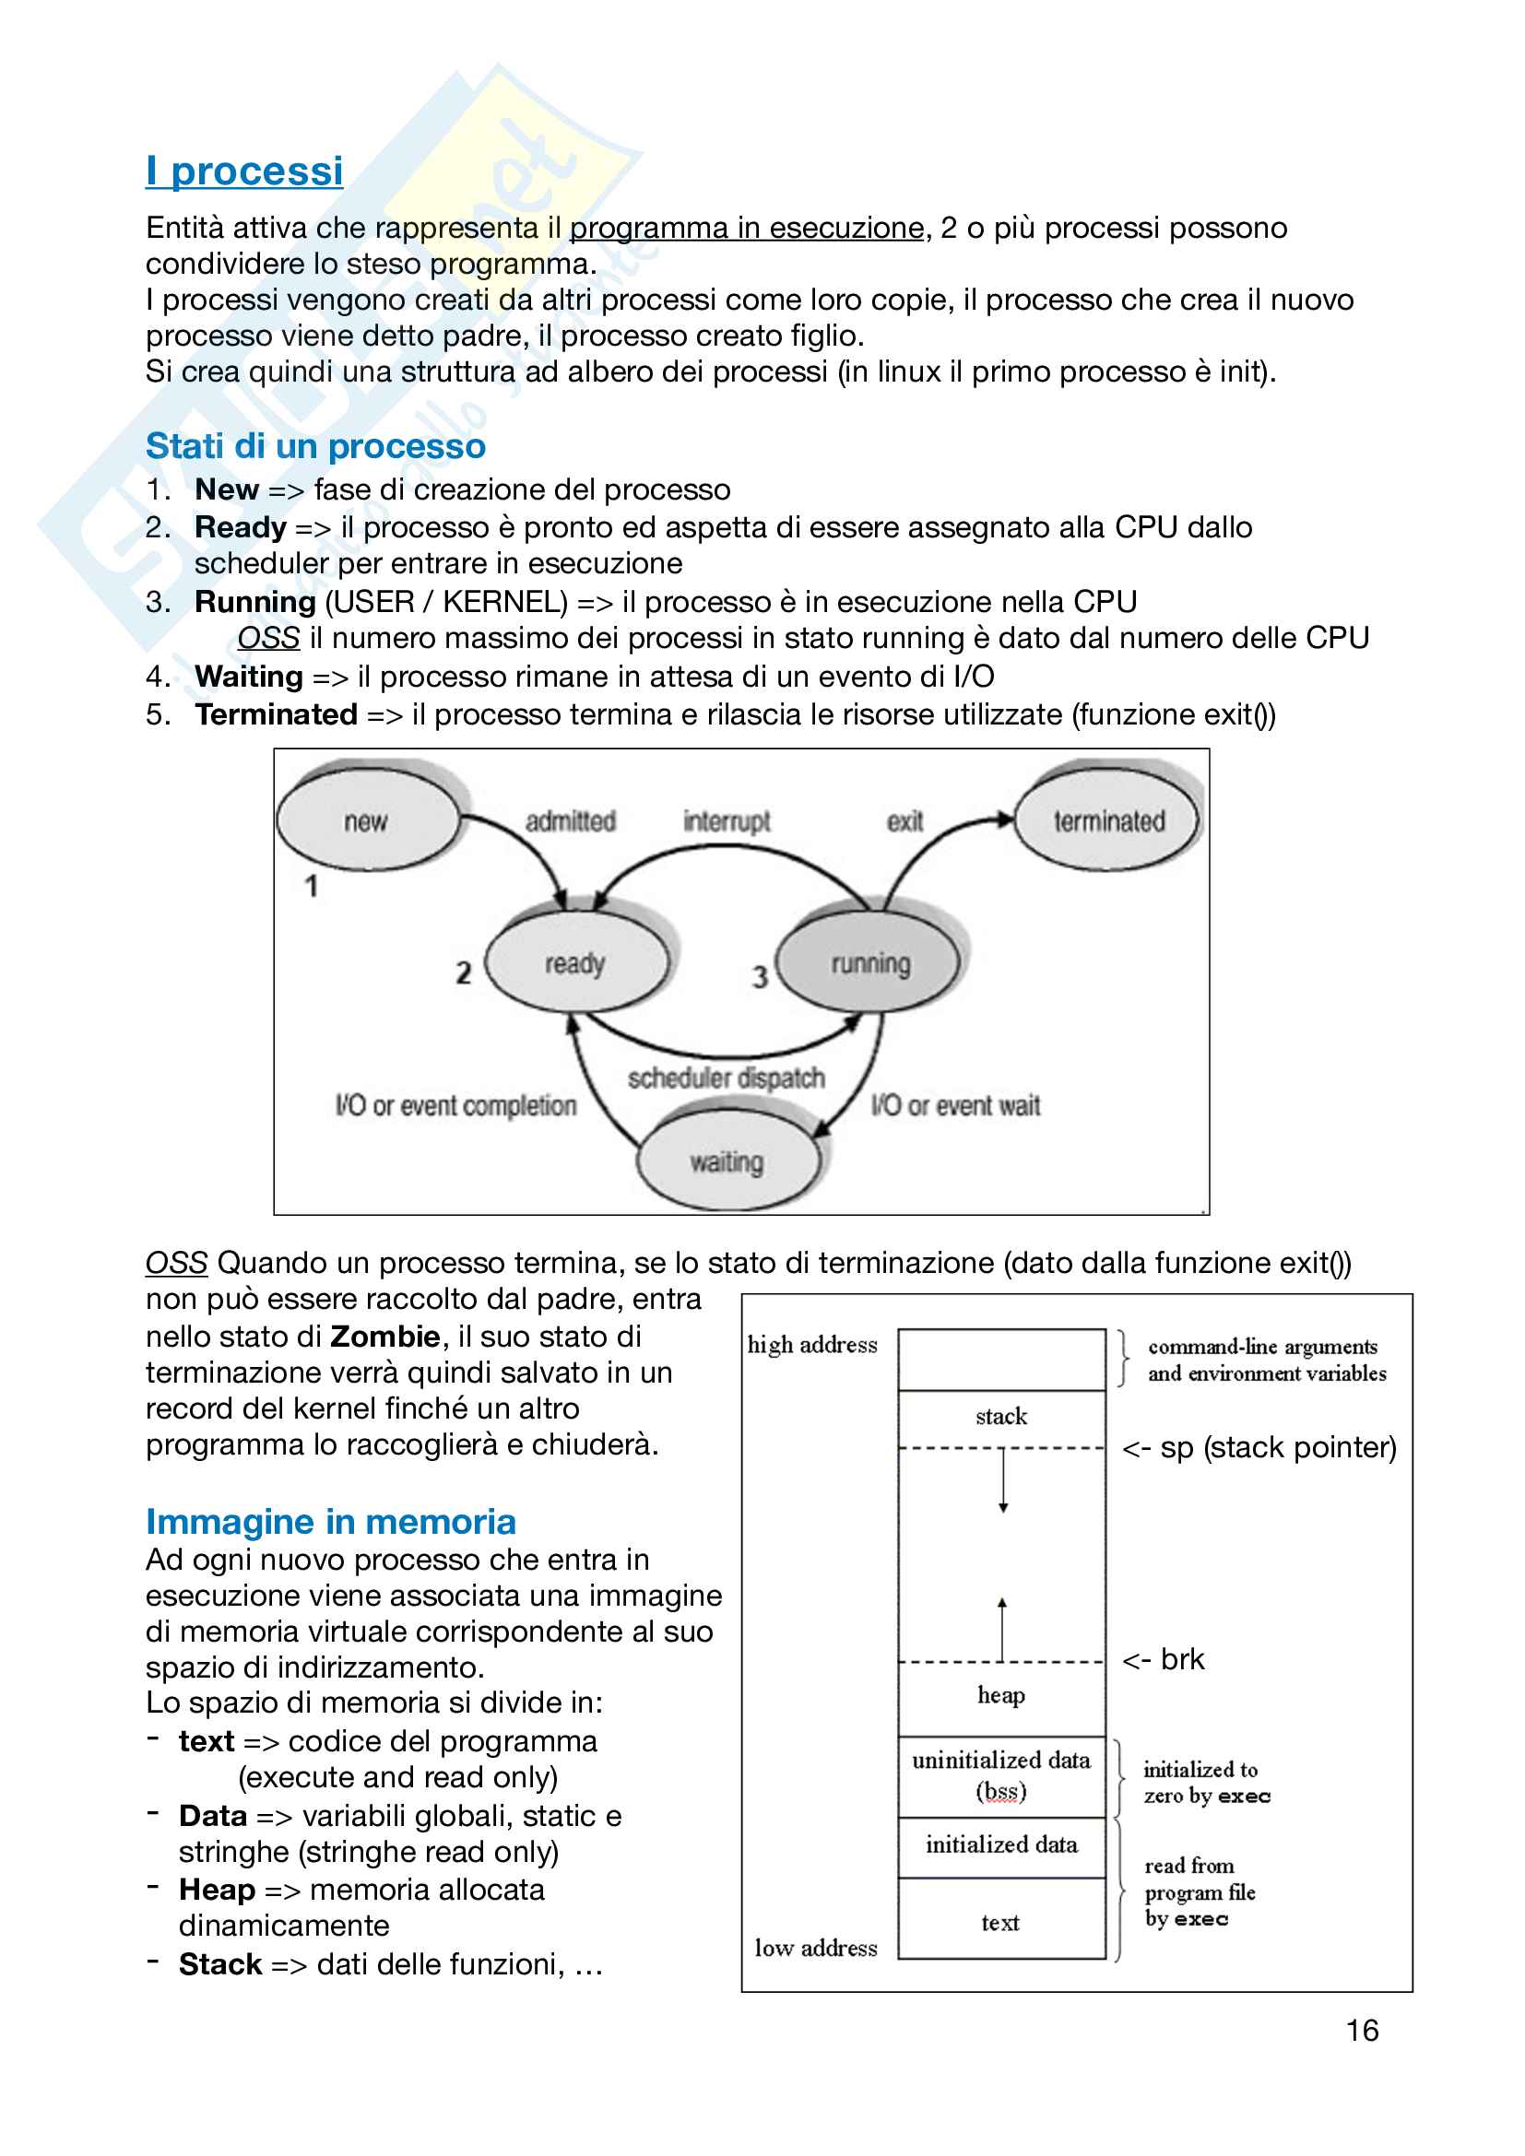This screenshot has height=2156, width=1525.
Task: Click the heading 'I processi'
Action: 244,171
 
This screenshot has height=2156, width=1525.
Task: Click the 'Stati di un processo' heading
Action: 315,446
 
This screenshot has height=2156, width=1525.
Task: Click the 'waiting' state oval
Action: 727,1161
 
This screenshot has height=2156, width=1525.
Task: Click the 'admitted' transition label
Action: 570,820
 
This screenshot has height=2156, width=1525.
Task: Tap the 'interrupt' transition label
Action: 727,820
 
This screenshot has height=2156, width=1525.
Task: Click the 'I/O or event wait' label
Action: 955,1105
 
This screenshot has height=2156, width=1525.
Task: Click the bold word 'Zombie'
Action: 385,1336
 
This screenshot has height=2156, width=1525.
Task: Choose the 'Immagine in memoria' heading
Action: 331,1521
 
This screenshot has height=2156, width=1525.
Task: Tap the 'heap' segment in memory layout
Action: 1001,1695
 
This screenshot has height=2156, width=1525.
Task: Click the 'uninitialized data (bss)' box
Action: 1001,1775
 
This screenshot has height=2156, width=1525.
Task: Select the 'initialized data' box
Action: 1001,1845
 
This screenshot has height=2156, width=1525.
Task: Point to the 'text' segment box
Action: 1001,1922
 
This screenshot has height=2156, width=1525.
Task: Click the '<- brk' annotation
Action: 1164,1659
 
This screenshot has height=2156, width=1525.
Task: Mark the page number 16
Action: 1362,2030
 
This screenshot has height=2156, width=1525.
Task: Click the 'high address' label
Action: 812,1345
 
